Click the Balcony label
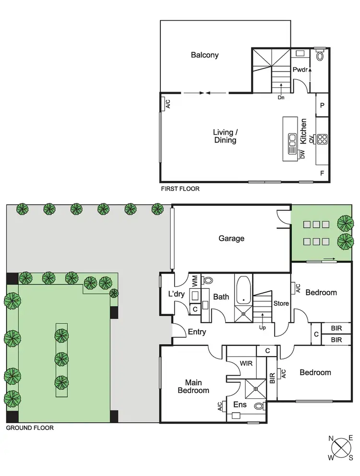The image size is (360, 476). point(204,55)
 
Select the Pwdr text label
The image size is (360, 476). point(300,70)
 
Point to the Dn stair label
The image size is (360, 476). point(281,97)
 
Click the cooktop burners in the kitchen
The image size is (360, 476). point(322,139)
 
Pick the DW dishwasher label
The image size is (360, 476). point(302,155)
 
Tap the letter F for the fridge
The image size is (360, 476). point(322,172)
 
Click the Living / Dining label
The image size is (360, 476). point(225,136)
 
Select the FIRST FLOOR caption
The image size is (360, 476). point(180,189)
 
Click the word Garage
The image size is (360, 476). point(231,238)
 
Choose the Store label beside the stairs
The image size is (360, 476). point(281,303)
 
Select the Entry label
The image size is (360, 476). point(197,332)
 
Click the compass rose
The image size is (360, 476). point(341,447)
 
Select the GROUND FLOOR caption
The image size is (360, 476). point(30,428)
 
